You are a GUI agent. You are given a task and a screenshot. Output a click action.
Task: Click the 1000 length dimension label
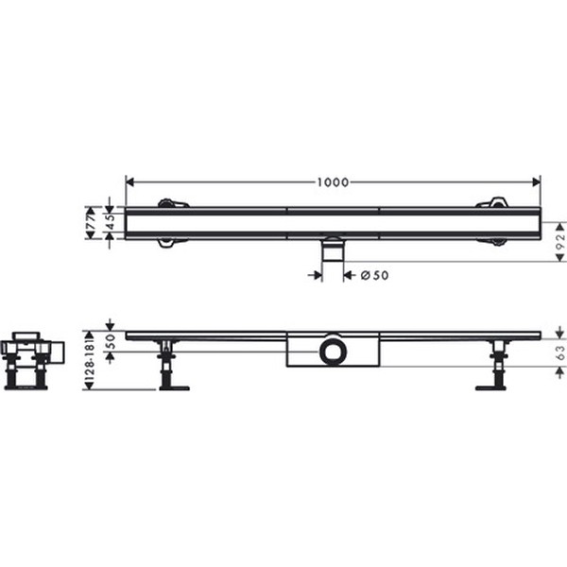click(x=333, y=182)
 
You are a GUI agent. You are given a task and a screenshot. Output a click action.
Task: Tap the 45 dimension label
click(x=111, y=222)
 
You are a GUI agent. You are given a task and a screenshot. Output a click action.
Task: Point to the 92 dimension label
click(x=559, y=242)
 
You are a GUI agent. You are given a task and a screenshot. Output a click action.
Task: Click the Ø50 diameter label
click(x=374, y=276)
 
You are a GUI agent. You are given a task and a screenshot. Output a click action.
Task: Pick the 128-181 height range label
click(x=90, y=360)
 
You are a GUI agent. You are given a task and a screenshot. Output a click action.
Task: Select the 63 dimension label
click(x=559, y=352)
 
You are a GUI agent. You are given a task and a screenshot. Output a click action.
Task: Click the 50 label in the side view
click(x=111, y=341)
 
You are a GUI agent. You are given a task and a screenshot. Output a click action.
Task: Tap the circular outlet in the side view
click(x=333, y=352)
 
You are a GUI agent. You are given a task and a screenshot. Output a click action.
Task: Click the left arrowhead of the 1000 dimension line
click(x=129, y=182)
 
